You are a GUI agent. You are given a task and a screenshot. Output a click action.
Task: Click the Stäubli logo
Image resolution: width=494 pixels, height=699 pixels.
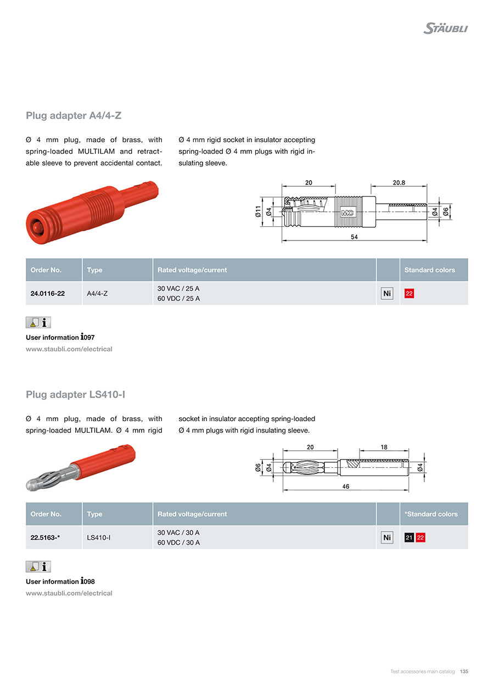[445, 28]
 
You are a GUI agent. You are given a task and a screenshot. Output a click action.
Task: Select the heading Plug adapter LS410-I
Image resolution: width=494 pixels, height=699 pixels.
[80, 395]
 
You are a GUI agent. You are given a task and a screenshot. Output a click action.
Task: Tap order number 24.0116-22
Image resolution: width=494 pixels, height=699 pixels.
[48, 294]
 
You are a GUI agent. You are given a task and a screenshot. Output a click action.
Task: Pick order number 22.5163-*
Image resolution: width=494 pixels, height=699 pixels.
[45, 538]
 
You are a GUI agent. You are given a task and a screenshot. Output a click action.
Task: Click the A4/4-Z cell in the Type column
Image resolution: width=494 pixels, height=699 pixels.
[97, 294]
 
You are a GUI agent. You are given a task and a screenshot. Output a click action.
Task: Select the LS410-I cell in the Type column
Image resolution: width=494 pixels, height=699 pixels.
[99, 538]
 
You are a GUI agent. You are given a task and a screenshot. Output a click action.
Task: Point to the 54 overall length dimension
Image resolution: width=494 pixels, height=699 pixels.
[354, 237]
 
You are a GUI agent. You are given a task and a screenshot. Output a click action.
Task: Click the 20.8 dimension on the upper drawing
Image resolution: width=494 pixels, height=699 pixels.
[398, 182]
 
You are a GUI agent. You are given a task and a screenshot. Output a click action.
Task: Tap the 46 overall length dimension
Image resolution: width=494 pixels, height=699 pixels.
[346, 486]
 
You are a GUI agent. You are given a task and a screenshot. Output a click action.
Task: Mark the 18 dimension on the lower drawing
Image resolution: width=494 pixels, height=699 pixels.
[384, 447]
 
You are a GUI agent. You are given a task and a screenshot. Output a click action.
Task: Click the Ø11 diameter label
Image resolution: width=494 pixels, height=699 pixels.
[258, 211]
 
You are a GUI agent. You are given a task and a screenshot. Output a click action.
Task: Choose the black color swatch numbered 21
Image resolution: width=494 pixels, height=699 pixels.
[409, 538]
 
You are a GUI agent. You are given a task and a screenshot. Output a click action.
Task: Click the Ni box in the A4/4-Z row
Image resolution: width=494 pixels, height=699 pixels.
[387, 294]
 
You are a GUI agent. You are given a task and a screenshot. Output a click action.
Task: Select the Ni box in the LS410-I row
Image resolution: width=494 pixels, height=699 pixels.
[387, 538]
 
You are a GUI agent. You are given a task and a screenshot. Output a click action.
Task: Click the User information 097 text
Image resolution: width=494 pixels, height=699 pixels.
[60, 337]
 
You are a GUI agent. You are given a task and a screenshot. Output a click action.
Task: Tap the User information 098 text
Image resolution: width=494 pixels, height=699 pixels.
[60, 581]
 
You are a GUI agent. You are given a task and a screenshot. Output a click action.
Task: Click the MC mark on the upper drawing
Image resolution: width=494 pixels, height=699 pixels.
[347, 213]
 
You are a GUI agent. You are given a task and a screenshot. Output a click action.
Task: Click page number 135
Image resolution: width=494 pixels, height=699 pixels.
[464, 672]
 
